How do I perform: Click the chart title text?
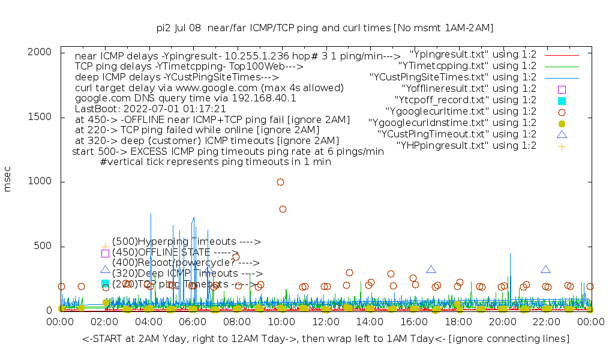[x=325, y=28]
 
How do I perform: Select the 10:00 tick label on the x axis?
[x=281, y=323]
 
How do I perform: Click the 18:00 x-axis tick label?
[x=458, y=323]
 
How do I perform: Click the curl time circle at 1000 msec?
[x=280, y=182]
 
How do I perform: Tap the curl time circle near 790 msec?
[x=283, y=209]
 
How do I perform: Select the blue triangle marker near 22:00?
[x=545, y=270]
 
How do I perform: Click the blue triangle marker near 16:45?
[x=431, y=270]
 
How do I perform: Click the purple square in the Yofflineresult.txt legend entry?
[x=562, y=89]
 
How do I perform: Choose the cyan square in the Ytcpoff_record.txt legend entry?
[x=562, y=100]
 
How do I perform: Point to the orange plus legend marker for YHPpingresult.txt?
[x=562, y=146]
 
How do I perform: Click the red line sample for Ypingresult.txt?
[x=562, y=55]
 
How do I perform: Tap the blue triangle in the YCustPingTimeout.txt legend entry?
[x=562, y=134]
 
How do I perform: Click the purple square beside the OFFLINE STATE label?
[x=105, y=253]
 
